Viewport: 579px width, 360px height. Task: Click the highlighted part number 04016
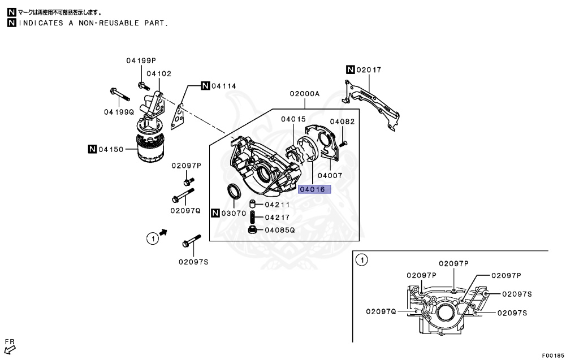pos(313,189)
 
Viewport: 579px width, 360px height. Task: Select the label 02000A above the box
pos(305,94)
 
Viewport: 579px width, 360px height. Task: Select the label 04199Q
pos(119,112)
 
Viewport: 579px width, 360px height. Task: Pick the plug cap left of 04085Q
pos(253,229)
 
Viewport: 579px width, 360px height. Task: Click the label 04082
pos(342,122)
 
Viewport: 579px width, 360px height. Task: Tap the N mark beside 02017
pos(351,70)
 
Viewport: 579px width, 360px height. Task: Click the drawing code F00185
pos(552,355)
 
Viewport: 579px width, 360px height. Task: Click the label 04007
pos(330,175)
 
